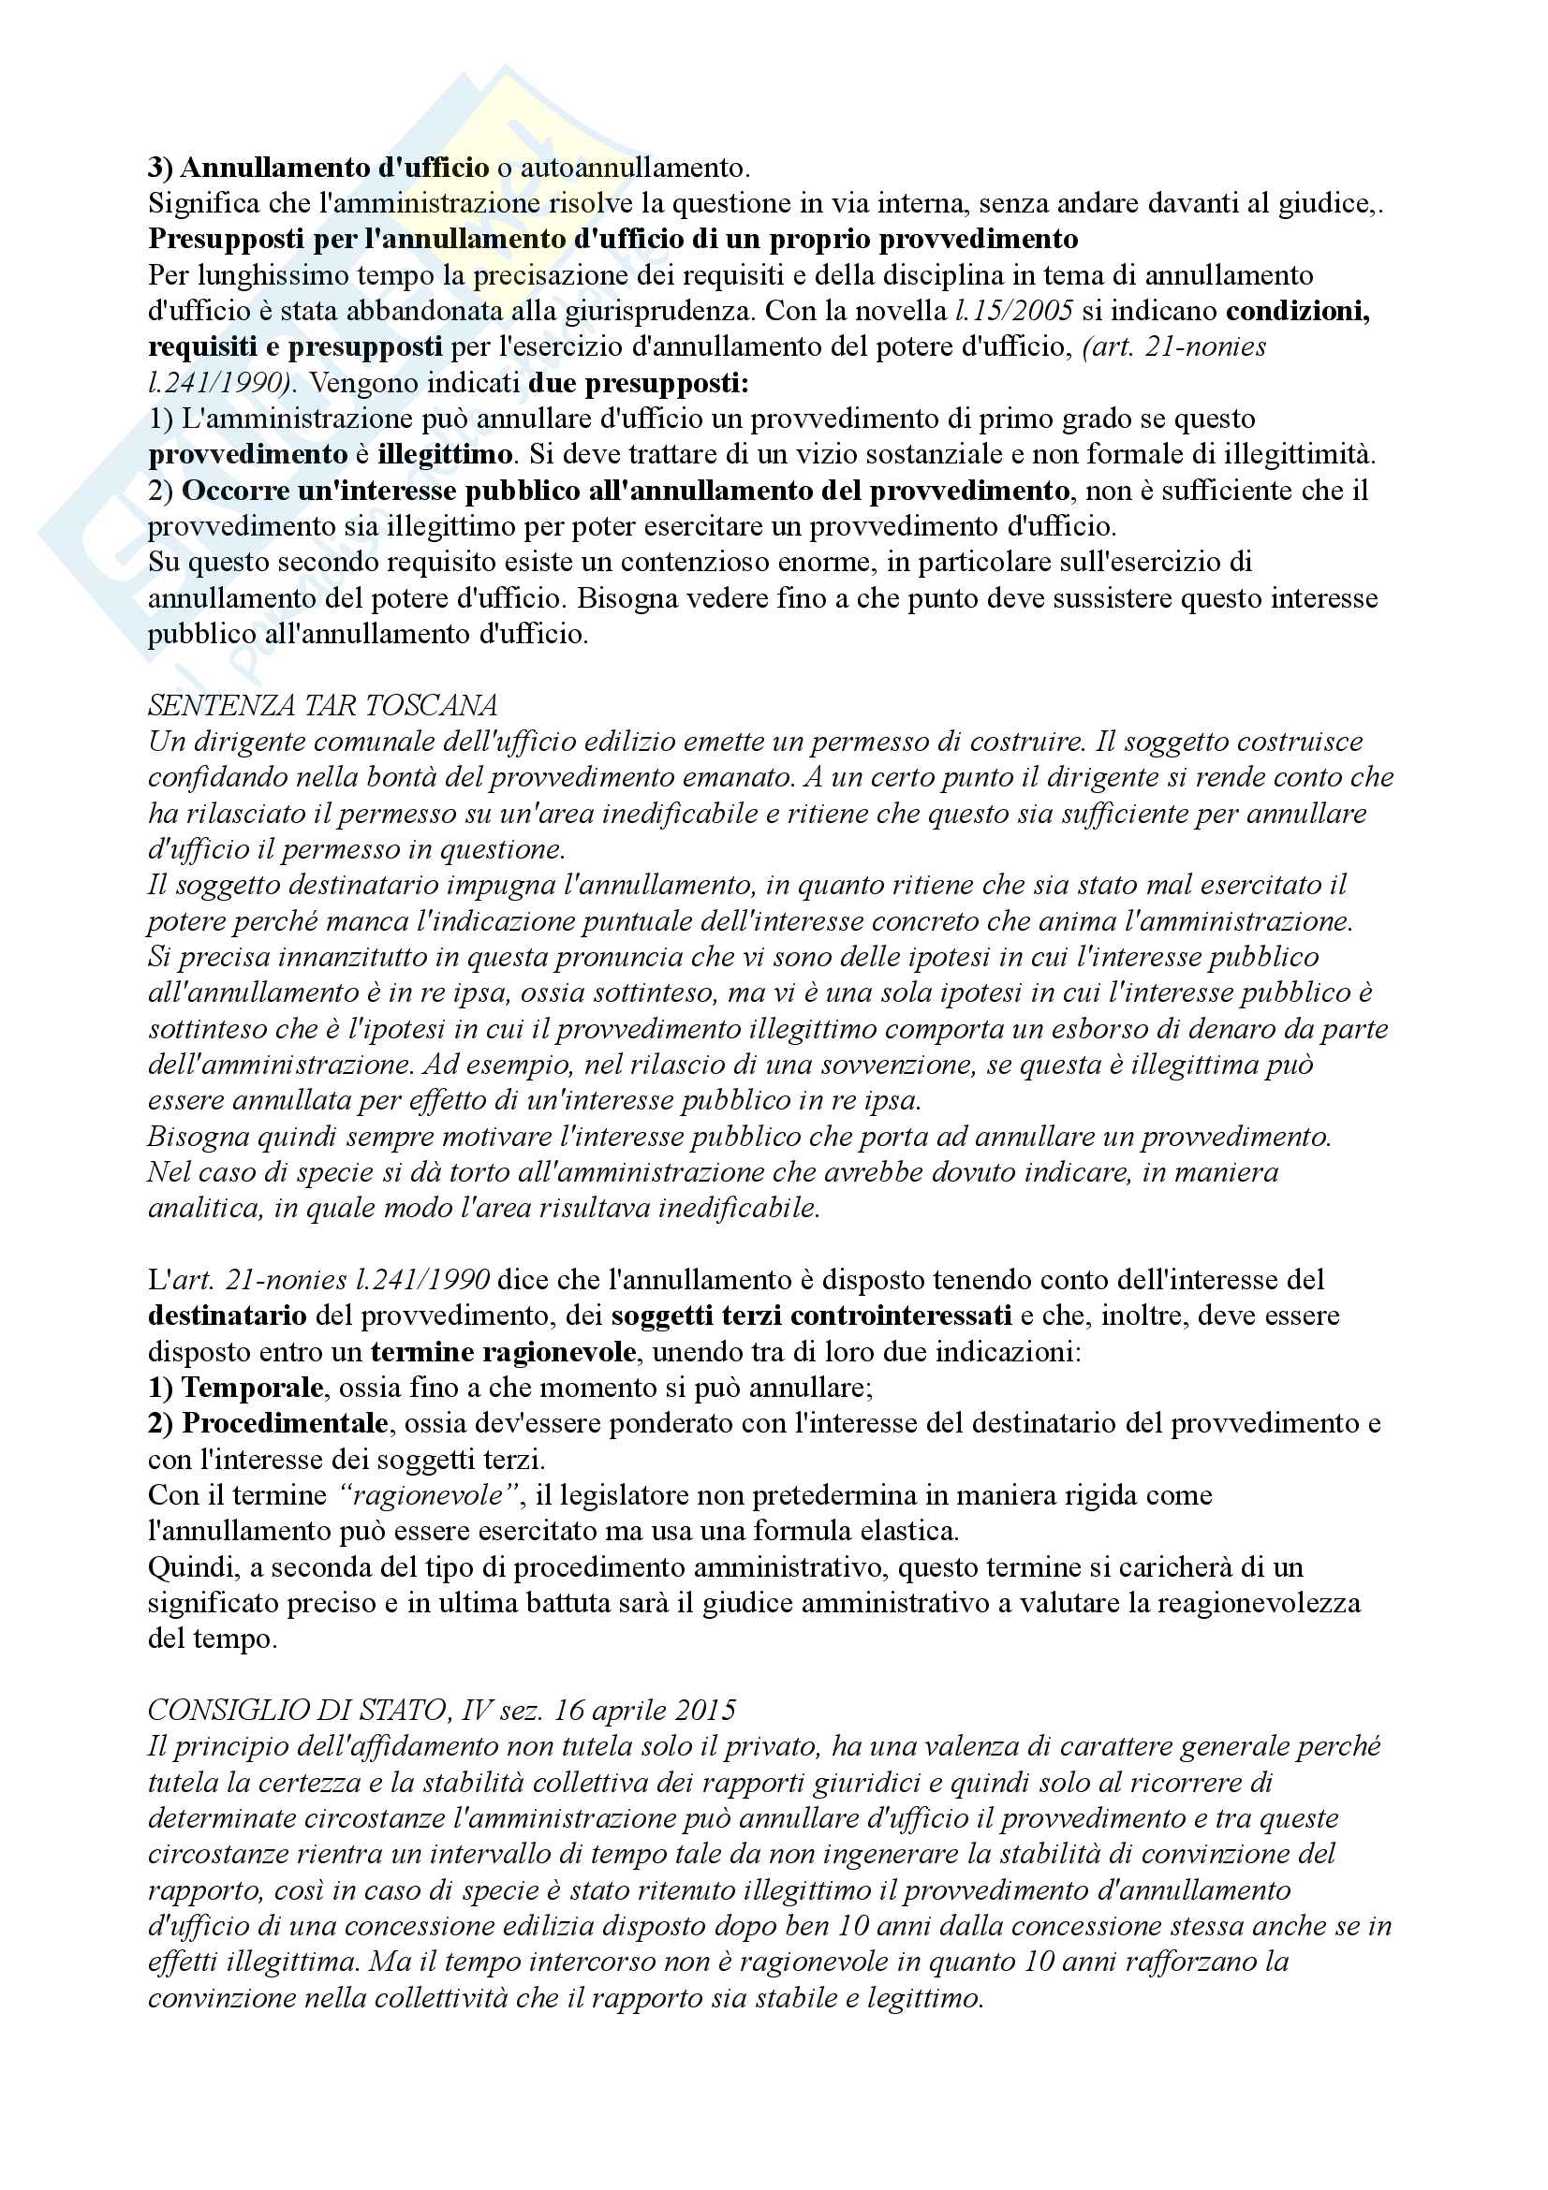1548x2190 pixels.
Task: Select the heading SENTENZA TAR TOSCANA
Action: (322, 706)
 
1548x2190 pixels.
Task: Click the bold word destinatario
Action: (227, 1316)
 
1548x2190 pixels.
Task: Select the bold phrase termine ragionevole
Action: (503, 1353)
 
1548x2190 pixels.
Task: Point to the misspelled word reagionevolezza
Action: (1258, 1603)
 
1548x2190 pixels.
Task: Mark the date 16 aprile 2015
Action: (644, 1712)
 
